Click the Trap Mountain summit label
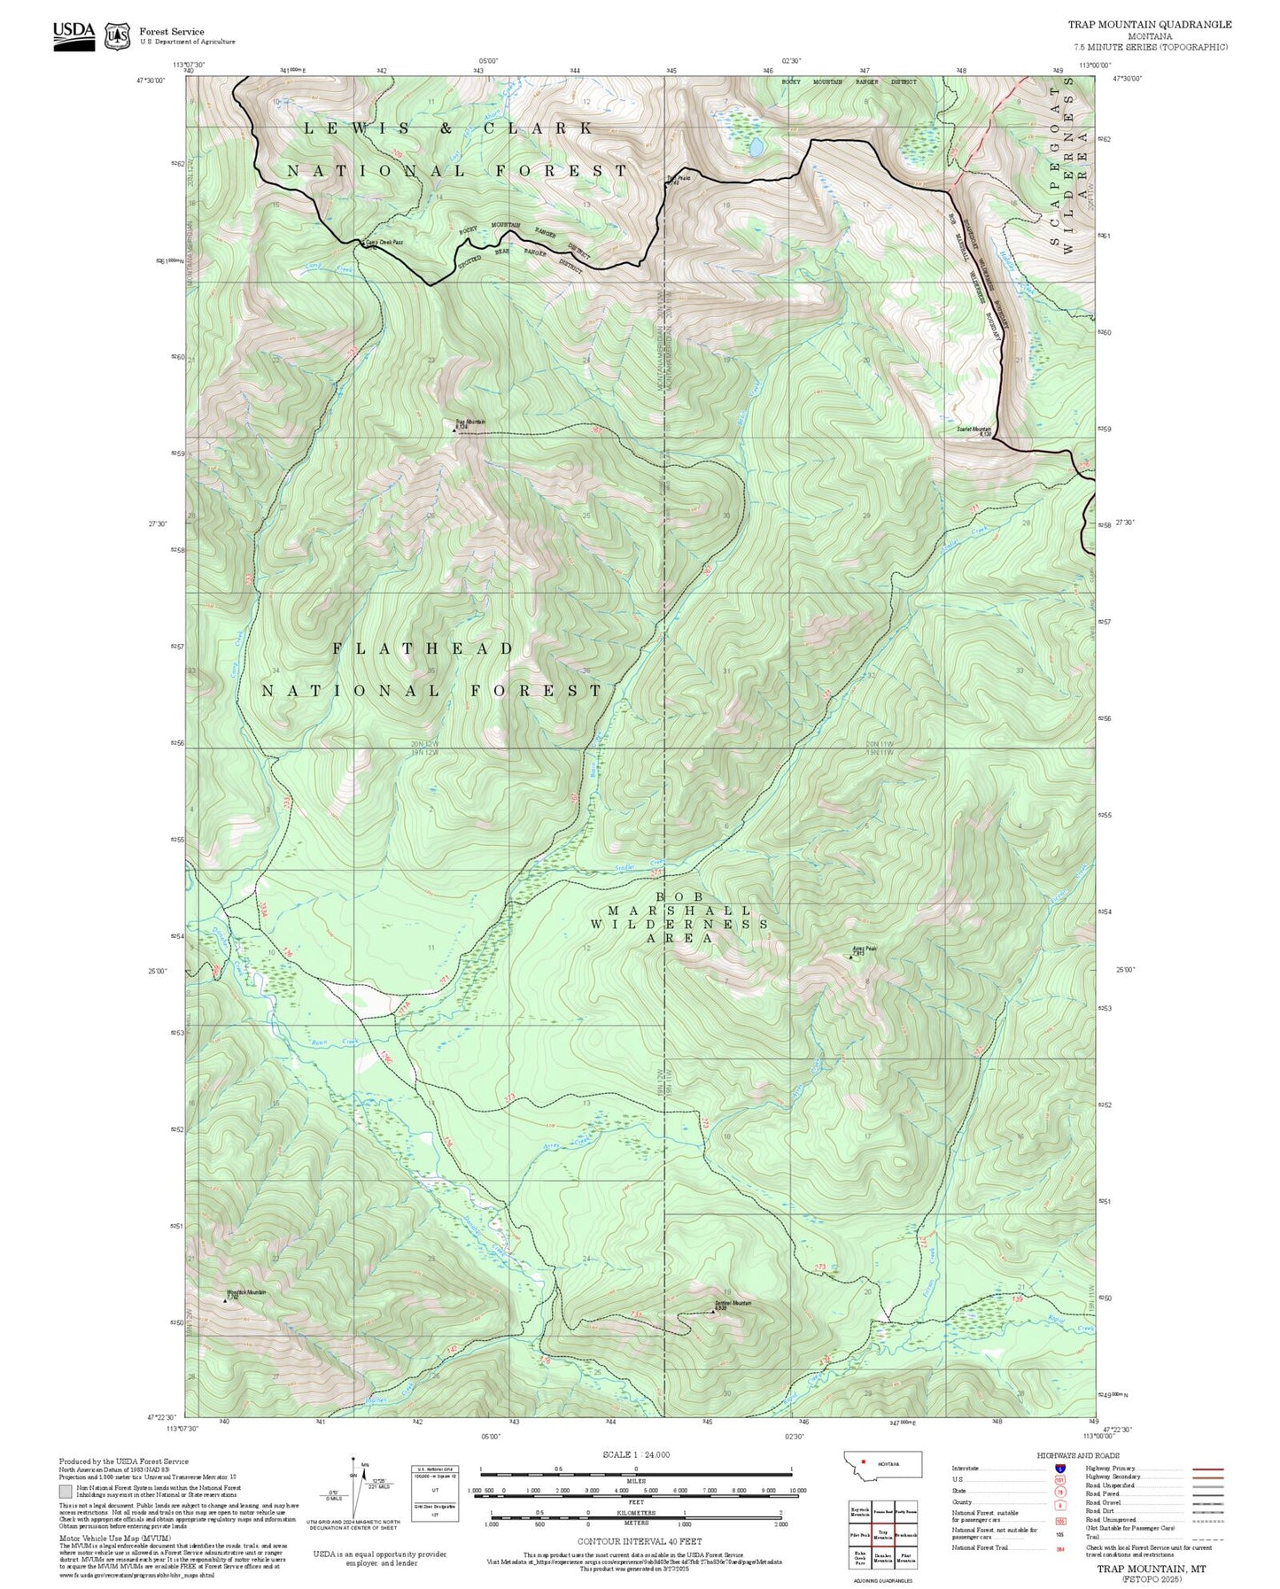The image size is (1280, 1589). tap(469, 422)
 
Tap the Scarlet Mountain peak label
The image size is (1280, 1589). tap(974, 430)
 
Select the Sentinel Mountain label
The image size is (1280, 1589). tap(733, 1304)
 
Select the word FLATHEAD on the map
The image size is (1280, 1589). tap(423, 649)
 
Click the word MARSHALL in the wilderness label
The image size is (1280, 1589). tap(679, 911)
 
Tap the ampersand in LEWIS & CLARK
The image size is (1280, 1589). tap(446, 129)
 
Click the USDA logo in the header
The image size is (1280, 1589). tap(74, 34)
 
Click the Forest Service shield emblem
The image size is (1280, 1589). tap(117, 35)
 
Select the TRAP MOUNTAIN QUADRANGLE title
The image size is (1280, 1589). tap(1149, 24)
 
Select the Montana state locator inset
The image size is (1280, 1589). tap(882, 1464)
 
